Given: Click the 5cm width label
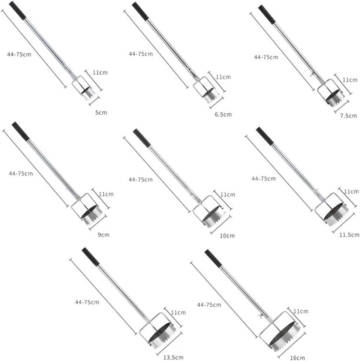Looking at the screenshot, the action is pos(101,113).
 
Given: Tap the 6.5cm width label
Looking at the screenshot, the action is pos(223,114).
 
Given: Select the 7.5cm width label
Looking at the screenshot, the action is pos(349,116).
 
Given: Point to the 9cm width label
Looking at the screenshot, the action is pos(104,235).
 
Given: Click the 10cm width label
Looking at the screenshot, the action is pos(227,236).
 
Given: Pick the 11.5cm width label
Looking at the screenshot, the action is pos(349,235).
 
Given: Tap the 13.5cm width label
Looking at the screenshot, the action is pos(174,357).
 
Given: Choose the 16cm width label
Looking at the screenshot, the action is pos(297,358).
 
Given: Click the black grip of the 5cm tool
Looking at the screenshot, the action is pos(18,10).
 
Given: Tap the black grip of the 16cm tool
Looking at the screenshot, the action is pos(213,258).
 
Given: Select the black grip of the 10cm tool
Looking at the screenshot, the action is pos(142,138).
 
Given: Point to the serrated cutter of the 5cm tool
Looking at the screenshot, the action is pos(88,93).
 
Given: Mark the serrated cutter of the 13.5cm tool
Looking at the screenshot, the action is pos(162,336).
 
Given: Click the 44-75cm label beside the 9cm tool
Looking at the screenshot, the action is pos(21,173).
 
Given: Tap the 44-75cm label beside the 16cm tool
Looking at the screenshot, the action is pos(209,305).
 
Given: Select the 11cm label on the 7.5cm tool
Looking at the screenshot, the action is pos(350,80).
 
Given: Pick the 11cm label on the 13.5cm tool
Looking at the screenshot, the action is pos(178,313).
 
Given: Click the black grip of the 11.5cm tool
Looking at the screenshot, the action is pos(265,136).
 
